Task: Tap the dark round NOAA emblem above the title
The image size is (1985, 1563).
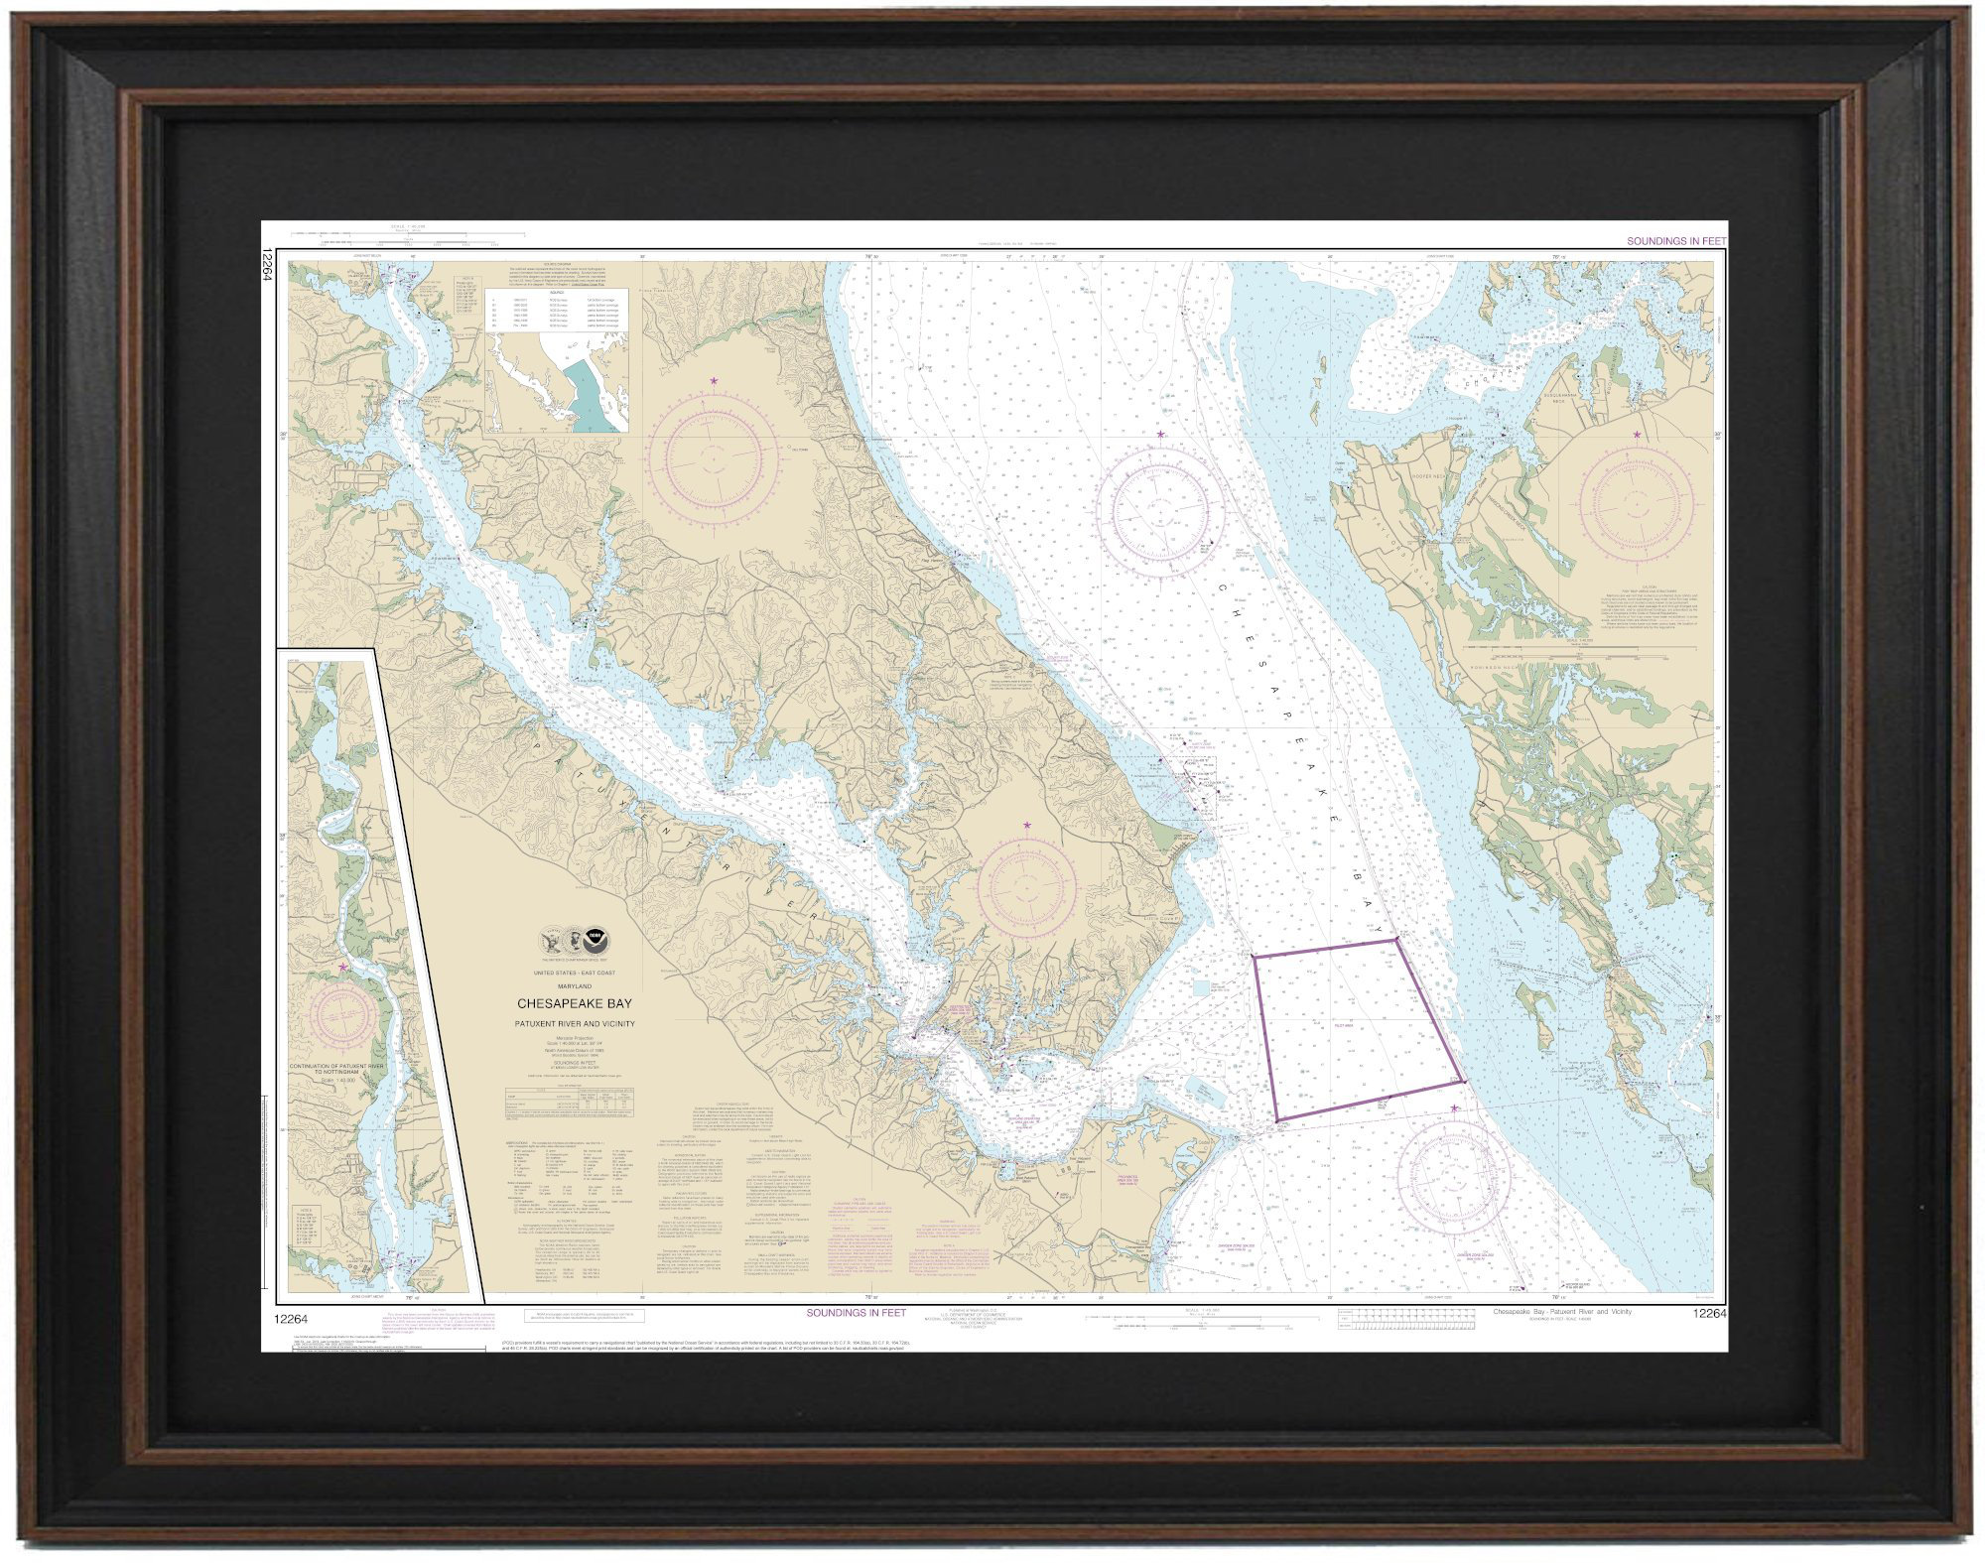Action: coord(595,938)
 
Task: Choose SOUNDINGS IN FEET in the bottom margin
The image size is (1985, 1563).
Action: coord(856,1313)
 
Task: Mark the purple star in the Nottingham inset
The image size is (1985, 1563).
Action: coord(343,966)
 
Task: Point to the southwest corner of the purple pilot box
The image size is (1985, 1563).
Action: coord(1276,1121)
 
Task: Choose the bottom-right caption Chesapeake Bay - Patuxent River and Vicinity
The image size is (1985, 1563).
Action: coord(1562,1312)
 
